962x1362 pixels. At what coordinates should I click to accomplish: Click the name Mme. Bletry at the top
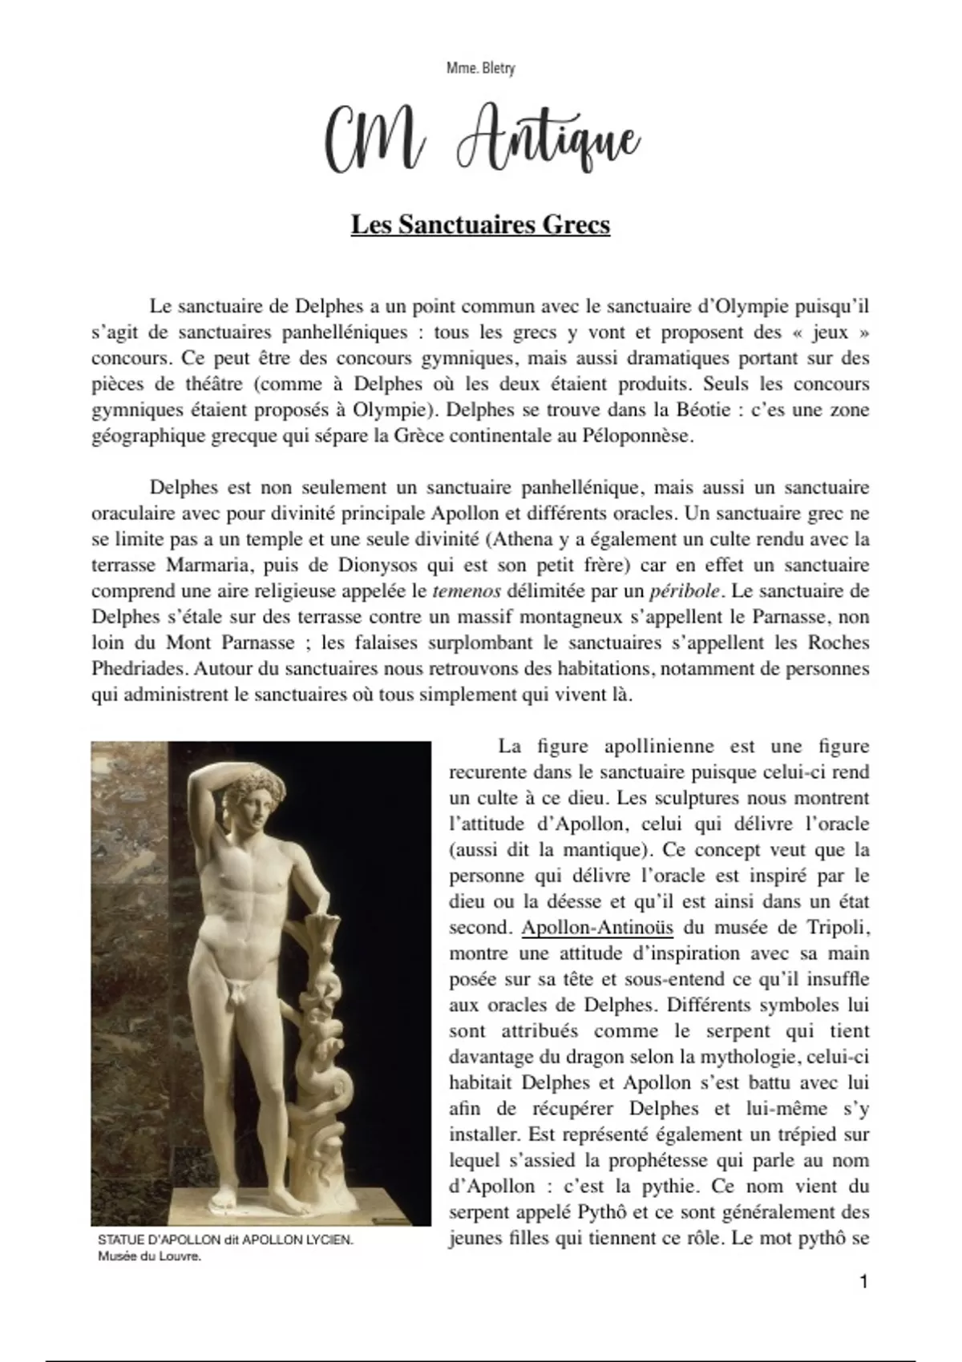tap(480, 69)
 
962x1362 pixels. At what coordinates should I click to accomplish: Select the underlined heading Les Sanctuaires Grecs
tap(480, 224)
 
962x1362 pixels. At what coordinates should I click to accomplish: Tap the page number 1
tap(863, 1282)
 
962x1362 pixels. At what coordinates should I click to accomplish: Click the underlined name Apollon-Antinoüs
tap(597, 928)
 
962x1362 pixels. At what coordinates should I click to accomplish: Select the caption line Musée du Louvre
tap(149, 1255)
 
